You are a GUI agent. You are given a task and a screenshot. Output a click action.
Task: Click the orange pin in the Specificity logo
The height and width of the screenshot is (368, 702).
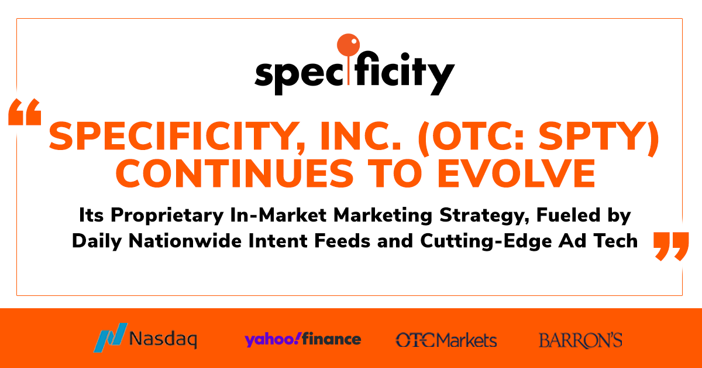point(346,46)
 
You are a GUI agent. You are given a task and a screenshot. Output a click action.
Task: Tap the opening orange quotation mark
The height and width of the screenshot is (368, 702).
point(25,113)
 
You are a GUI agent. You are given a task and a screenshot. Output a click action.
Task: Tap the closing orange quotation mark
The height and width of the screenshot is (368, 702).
point(670,246)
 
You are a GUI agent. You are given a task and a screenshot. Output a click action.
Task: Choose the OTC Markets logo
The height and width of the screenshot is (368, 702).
point(446,339)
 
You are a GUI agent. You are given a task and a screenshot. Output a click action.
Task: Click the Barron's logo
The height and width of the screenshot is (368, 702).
point(580,340)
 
